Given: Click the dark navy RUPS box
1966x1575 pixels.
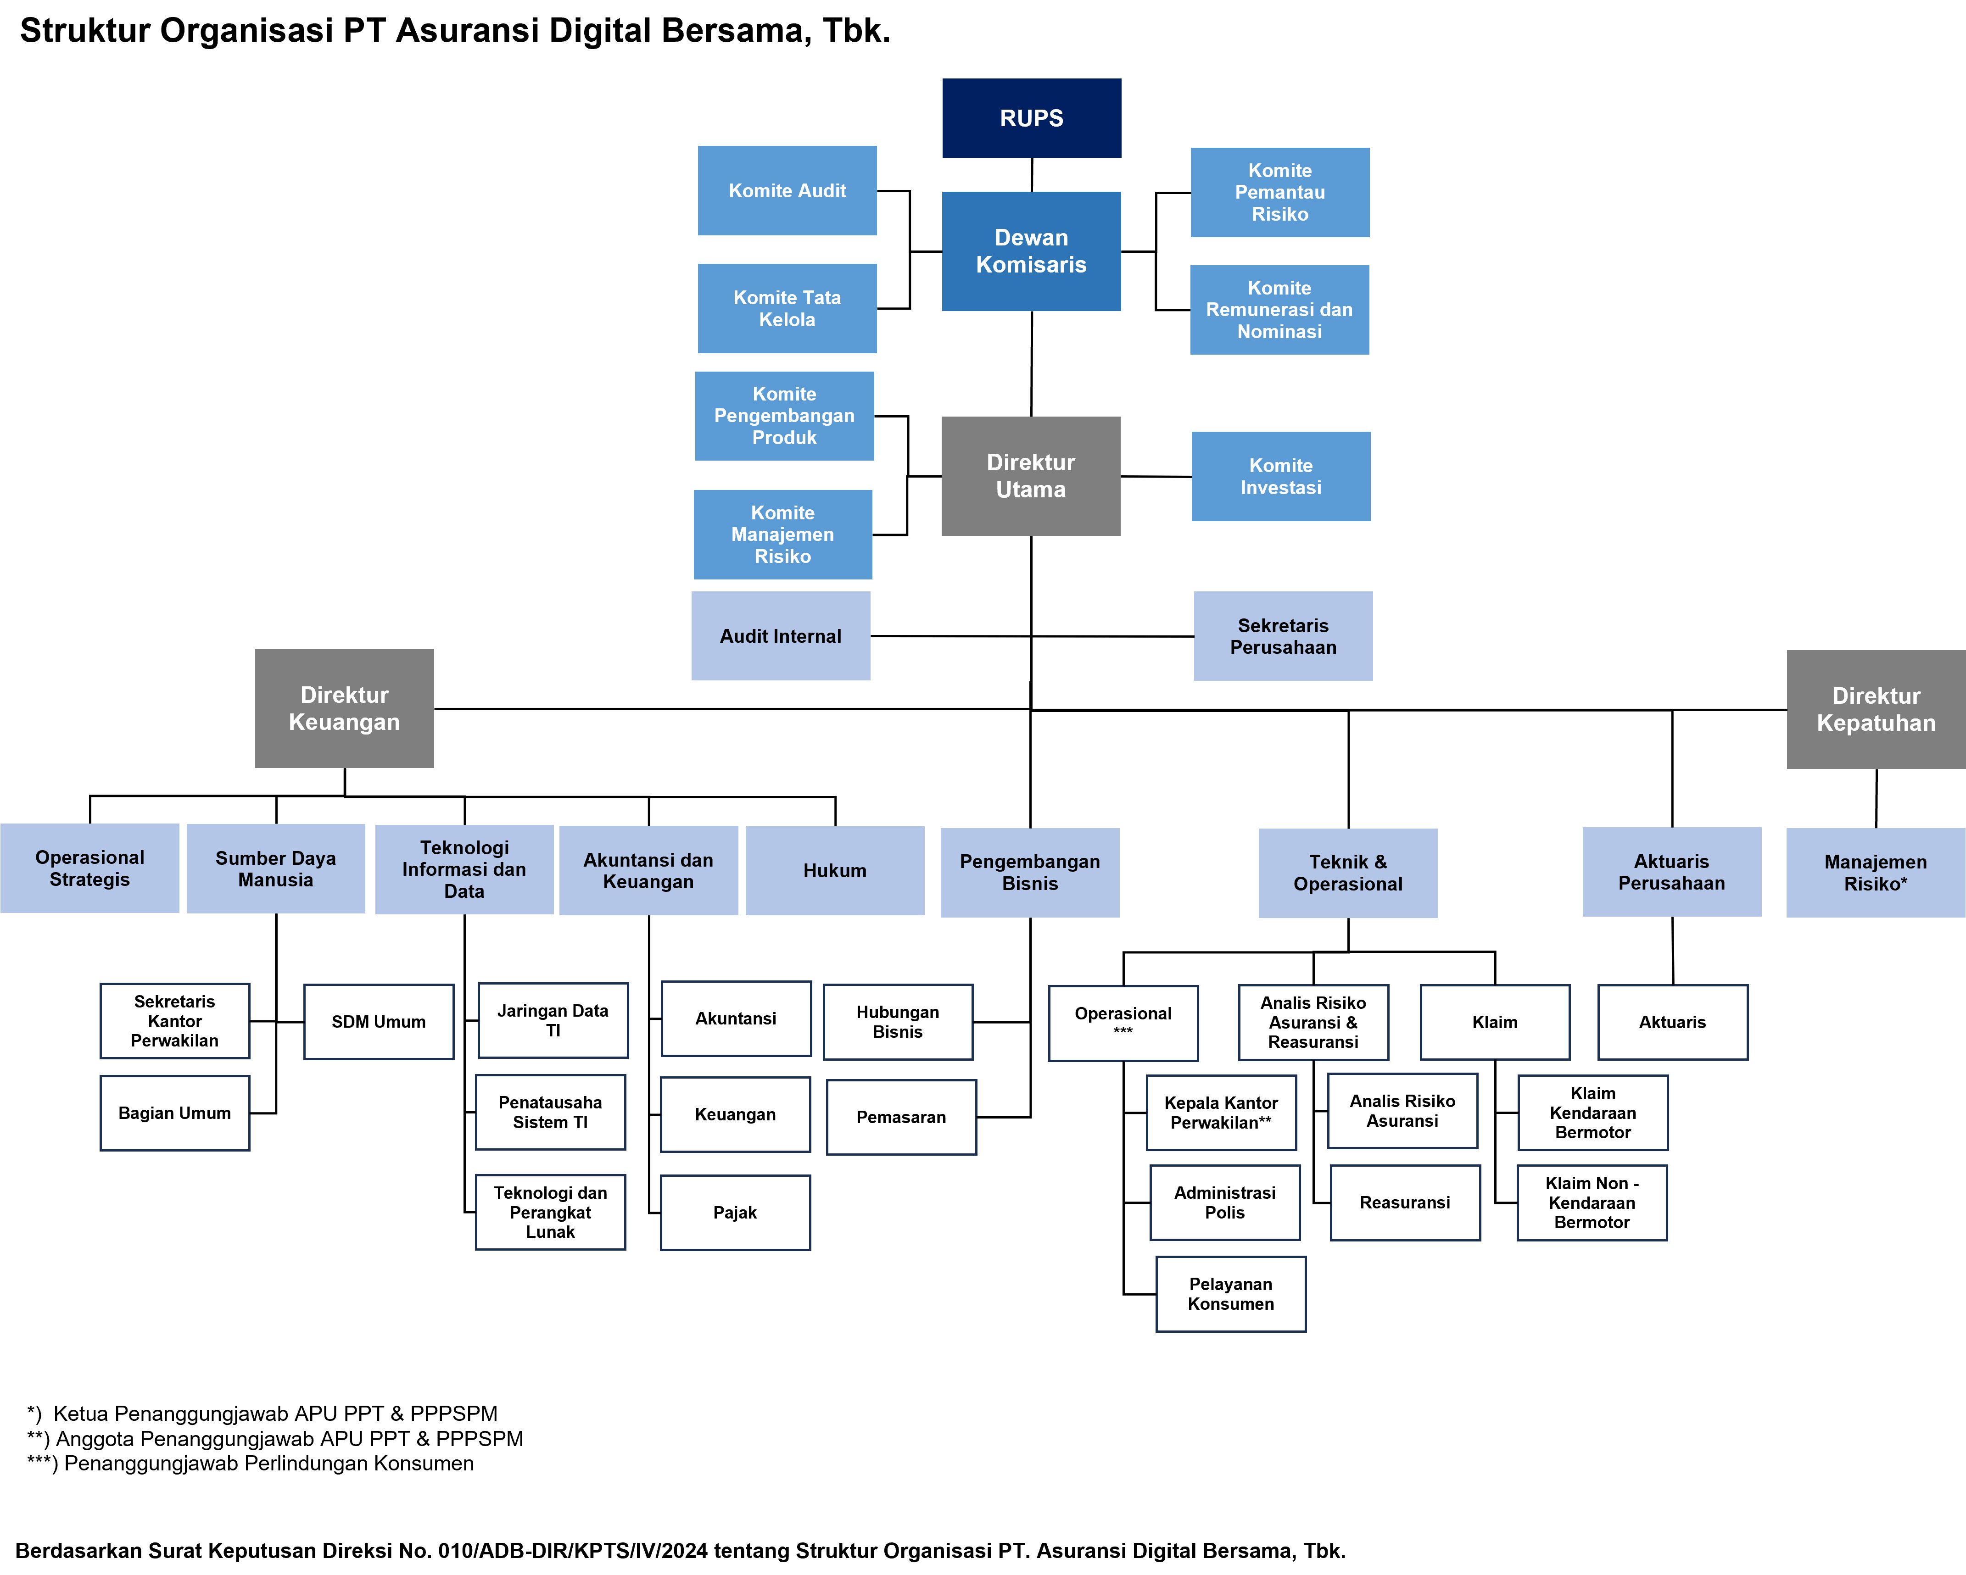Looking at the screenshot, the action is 1031,117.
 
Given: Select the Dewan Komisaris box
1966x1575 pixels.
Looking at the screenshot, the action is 1031,250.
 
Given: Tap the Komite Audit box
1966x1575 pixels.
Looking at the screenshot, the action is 787,190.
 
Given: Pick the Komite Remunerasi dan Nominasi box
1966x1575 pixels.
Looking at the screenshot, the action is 1279,310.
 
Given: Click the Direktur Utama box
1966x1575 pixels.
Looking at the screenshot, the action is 1030,476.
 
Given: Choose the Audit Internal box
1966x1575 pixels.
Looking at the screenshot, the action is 781,636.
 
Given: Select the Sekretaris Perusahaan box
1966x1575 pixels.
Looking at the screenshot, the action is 1283,636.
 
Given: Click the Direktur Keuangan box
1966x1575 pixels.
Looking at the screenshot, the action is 344,708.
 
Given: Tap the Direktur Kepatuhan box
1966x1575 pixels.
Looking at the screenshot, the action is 1876,709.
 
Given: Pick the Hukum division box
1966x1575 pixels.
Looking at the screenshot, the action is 834,870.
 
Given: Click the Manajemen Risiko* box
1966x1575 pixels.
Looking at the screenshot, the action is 1876,872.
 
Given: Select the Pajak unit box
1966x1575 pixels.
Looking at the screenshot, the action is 735,1212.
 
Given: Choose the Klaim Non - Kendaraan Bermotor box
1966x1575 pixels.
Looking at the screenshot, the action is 1592,1203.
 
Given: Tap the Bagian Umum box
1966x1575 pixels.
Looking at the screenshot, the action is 174,1113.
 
